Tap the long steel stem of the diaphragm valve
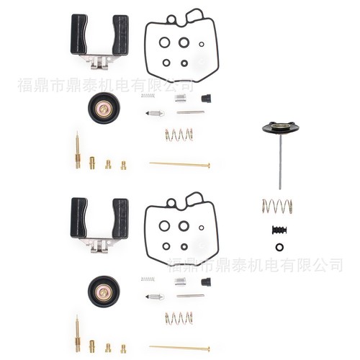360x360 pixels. [x=280, y=163]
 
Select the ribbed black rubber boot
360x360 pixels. [x=279, y=230]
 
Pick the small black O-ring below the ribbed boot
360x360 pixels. [x=279, y=247]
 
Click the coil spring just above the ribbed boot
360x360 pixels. [x=277, y=206]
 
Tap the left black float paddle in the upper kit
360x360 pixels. [x=79, y=35]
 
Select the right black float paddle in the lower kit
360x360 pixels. [x=120, y=218]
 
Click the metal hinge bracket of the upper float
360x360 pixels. [x=99, y=61]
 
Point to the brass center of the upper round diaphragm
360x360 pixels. [x=104, y=109]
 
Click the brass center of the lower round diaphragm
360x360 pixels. [x=104, y=292]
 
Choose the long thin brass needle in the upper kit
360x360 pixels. [x=179, y=164]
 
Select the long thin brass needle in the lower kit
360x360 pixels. [x=179, y=348]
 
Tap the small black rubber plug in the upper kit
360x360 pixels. [x=206, y=98]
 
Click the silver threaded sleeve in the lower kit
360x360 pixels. [x=181, y=282]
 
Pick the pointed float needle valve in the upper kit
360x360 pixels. [x=156, y=113]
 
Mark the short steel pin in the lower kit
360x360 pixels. [x=191, y=296]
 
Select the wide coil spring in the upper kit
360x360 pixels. [x=179, y=135]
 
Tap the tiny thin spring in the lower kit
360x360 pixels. [x=148, y=279]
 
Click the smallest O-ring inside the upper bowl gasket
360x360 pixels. [x=202, y=44]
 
